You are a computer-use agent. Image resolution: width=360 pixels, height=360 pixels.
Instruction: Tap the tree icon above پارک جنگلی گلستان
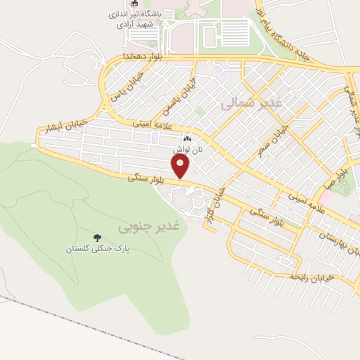tap(96, 238)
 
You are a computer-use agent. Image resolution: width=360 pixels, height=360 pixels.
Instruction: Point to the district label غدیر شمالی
tap(251, 103)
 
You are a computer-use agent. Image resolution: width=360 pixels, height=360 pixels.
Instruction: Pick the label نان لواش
tap(188, 150)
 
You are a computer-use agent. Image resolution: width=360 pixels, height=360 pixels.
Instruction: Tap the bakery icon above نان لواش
tap(188, 139)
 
